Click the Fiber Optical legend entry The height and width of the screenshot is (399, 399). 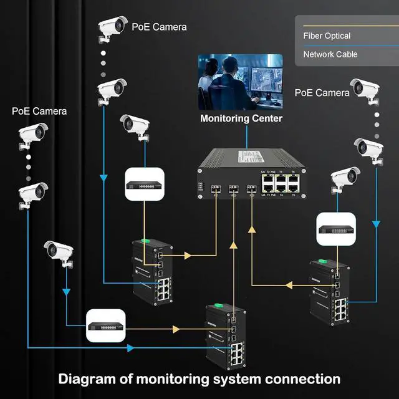pyautogui.click(x=327, y=36)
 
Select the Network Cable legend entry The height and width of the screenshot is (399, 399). pyautogui.click(x=330, y=54)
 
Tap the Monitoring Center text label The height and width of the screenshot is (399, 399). pyautogui.click(x=241, y=118)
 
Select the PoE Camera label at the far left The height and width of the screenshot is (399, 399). pyautogui.click(x=39, y=111)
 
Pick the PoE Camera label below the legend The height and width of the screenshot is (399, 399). pyautogui.click(x=322, y=92)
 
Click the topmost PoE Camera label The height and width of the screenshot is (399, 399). pyautogui.click(x=159, y=27)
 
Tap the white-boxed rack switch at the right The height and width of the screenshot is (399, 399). pyautogui.click(x=337, y=229)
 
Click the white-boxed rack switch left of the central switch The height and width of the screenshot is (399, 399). pyautogui.click(x=145, y=184)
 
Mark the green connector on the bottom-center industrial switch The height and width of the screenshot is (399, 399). pyautogui.click(x=218, y=305)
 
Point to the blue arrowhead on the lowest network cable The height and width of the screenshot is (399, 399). pyautogui.click(x=130, y=347)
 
